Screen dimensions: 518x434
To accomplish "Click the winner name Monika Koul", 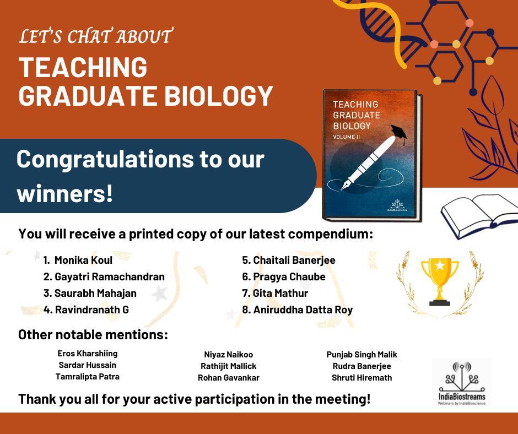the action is pos(83,261).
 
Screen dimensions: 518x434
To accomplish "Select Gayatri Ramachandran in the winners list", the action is pos(109,277).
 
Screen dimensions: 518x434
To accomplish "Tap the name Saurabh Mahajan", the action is pos(95,294).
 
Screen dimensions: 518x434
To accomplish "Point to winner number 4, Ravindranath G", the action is pos(92,310).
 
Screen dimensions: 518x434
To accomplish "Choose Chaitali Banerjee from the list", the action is pos(294,261).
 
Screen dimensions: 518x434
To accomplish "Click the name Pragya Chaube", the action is pos(289,277).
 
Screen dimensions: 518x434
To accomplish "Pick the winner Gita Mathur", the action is pos(280,294).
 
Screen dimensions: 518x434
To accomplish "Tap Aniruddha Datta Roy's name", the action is pos(303,310).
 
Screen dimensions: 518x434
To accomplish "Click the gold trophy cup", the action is pos(440,281).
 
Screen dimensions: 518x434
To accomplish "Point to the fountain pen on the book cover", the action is pos(368,163).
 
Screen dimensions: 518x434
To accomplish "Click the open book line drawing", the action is pos(479,215).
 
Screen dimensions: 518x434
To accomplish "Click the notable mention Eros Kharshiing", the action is pos(88,354).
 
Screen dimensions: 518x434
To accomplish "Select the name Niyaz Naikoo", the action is pos(229,355).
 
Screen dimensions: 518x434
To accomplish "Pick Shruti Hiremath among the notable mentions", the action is pos(361,378).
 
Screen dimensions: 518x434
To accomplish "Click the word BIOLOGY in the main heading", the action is pos(219,96).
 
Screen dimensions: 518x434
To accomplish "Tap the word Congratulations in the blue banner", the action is pos(105,160).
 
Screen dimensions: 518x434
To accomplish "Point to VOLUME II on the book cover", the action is pos(347,137).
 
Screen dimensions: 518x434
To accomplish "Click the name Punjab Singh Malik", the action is pos(361,355).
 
